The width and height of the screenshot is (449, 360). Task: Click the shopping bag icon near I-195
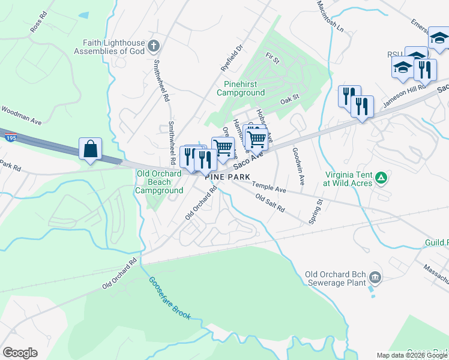90,149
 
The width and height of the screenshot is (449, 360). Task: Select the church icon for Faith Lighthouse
154,46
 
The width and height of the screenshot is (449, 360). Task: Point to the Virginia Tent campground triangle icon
380,178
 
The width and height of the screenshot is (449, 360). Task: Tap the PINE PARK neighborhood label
228,177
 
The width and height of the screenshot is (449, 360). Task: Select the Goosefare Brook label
169,298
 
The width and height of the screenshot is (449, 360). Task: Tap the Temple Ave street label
269,187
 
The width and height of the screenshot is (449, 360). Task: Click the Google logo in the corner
20,353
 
